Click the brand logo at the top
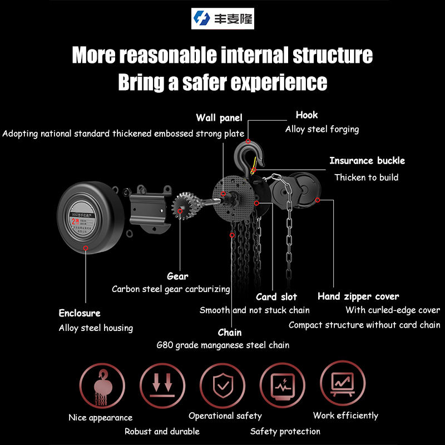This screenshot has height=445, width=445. coord(222,19)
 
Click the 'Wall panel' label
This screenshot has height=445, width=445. coord(219,118)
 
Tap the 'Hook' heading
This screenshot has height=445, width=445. coord(306,115)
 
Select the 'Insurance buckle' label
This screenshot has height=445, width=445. coord(367,161)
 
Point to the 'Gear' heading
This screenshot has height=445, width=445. coord(177,276)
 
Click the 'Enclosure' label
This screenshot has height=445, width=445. coord(80,313)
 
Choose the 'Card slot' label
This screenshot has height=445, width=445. coord(276,297)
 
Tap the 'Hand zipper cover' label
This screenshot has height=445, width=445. coord(358,296)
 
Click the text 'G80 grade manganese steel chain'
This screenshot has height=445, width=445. coord(223,345)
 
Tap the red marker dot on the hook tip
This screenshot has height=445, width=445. coord(248,141)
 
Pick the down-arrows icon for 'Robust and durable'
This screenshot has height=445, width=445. coord(162,384)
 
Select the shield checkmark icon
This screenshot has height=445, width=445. coord(222,384)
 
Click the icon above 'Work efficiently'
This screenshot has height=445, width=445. coord(343,383)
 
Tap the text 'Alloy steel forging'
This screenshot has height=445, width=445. coord(322,129)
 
